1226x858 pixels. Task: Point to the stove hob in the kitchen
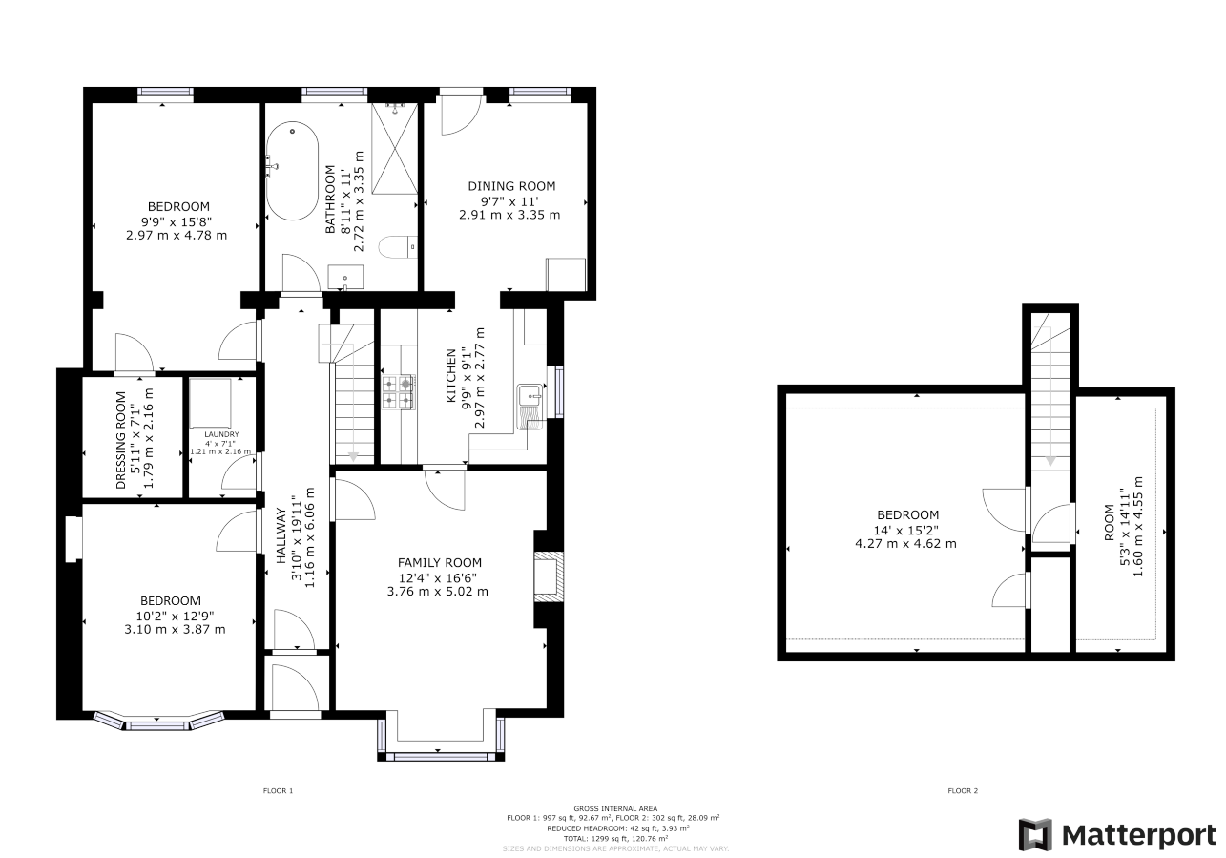399,391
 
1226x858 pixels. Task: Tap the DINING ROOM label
510,186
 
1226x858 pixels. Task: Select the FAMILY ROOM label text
440,563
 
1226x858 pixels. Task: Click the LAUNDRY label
220,434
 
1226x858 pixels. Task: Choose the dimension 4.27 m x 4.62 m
905,544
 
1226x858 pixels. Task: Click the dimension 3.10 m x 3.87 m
175,629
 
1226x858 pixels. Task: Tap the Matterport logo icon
1035,835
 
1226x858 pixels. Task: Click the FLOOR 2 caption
962,790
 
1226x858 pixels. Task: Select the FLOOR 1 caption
278,790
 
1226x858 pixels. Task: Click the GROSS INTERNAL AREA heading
615,808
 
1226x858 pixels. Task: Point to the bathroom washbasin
343,278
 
